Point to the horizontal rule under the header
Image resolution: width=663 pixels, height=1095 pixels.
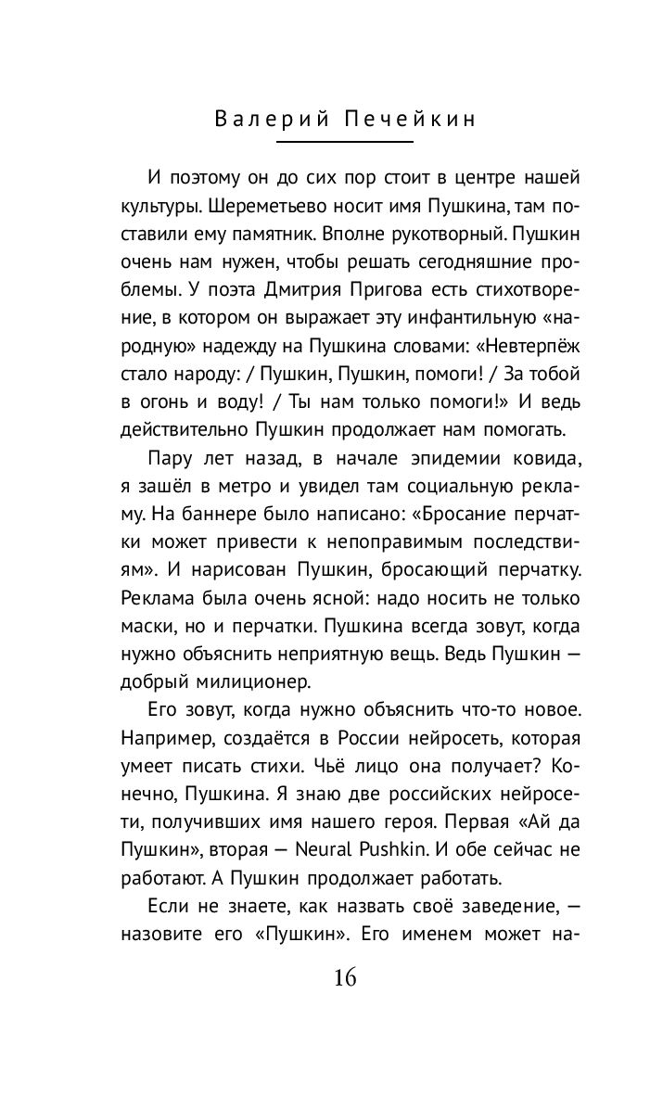345,142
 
